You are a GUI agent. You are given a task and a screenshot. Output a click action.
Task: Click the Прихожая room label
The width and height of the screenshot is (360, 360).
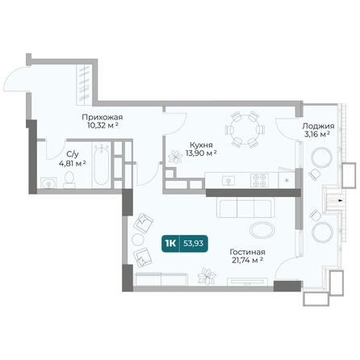pyautogui.click(x=103, y=117)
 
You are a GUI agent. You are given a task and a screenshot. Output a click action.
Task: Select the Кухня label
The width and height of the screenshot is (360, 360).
pyautogui.click(x=201, y=145)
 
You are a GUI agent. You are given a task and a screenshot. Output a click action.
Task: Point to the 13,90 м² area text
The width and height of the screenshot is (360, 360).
pyautogui.click(x=201, y=153)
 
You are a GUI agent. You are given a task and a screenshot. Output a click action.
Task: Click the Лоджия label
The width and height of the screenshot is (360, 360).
pyautogui.click(x=318, y=126)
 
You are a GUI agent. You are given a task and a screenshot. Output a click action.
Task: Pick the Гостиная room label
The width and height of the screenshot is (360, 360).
pyautogui.click(x=247, y=252)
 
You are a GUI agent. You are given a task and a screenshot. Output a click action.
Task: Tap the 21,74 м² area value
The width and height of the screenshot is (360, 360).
pyautogui.click(x=247, y=260)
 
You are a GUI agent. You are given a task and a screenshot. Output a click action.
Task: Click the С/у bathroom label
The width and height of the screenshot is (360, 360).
pyautogui.click(x=73, y=154)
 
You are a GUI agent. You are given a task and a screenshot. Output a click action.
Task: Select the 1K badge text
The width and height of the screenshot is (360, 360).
pyautogui.click(x=170, y=244)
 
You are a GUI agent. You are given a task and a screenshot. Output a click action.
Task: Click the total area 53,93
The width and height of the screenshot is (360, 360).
pyautogui.click(x=193, y=244)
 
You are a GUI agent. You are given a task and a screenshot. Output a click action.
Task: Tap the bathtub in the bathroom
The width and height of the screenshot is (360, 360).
pyautogui.click(x=102, y=165)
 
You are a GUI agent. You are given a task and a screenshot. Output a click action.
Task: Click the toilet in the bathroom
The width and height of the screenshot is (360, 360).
pyautogui.click(x=69, y=179)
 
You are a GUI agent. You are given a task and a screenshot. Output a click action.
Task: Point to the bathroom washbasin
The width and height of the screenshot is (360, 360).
pyautogui.click(x=48, y=183)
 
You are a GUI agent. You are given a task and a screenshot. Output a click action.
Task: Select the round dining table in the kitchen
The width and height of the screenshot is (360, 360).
pyautogui.click(x=245, y=130)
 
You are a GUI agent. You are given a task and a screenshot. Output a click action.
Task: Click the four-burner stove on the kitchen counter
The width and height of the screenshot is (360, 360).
pyautogui.click(x=260, y=180)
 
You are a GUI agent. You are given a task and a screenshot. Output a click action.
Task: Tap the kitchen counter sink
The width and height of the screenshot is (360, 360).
pyautogui.click(x=228, y=181)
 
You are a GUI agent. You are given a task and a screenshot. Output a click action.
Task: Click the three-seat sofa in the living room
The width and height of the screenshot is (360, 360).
pyautogui.click(x=245, y=207)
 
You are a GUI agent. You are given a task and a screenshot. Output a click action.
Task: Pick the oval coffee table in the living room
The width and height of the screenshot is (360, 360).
pyautogui.click(x=262, y=230)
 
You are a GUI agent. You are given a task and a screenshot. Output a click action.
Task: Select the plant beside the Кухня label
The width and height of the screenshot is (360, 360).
pyautogui.click(x=175, y=157)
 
